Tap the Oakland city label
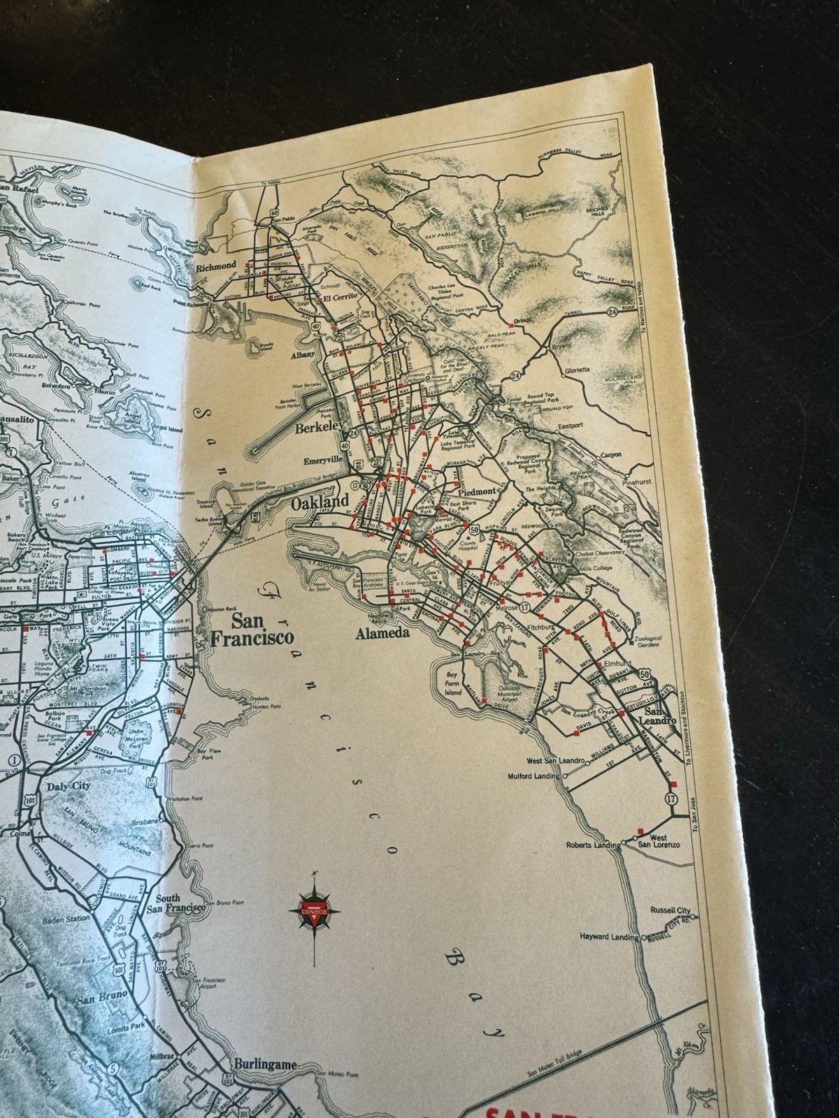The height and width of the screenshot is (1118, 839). point(319,502)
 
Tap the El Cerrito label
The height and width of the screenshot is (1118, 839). point(340,298)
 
